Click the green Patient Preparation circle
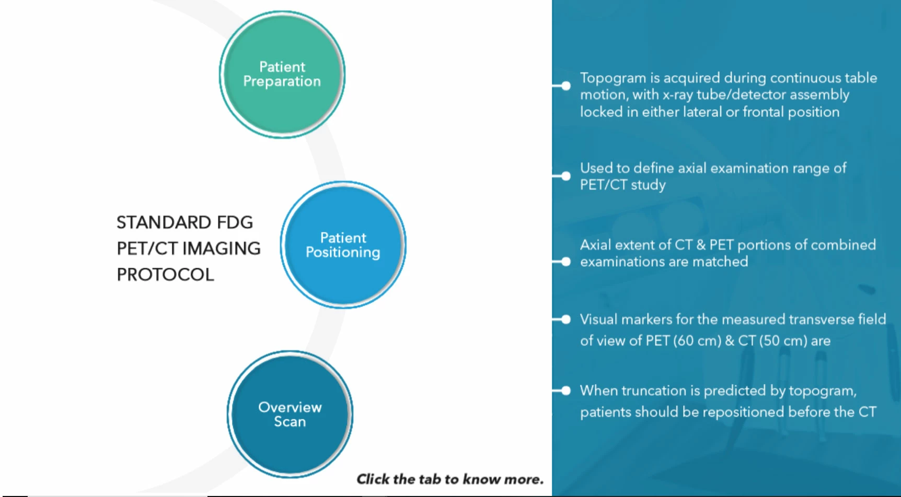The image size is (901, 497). coord(282,75)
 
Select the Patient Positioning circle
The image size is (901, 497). coord(343,245)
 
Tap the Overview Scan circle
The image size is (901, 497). coord(290,415)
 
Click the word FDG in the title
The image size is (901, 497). coord(235,222)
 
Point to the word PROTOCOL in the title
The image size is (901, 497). coord(165,275)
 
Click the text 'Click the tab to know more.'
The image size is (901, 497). coord(450,479)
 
